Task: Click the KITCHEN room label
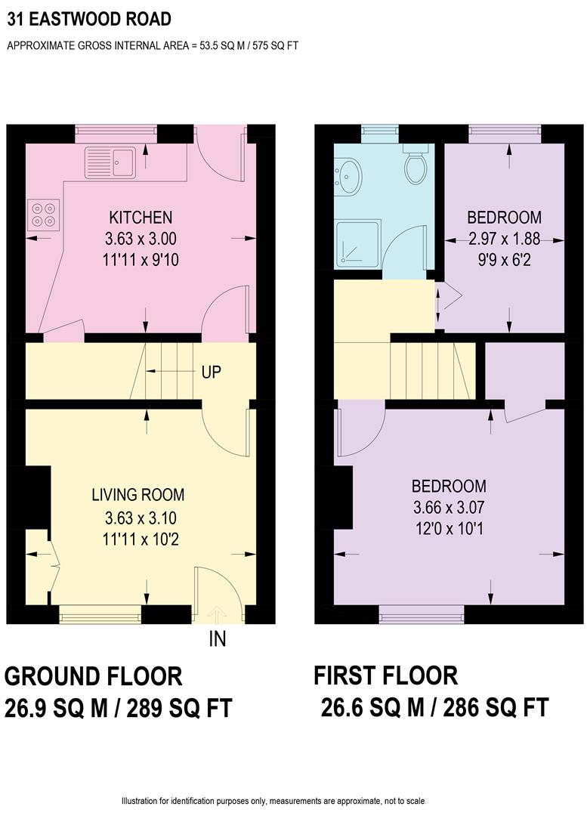[x=140, y=218]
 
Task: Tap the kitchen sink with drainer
[x=110, y=161]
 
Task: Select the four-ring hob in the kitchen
[x=43, y=214]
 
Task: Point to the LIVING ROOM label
[x=138, y=496]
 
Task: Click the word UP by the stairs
[x=211, y=372]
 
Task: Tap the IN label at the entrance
[x=218, y=639]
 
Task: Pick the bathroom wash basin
[x=349, y=176]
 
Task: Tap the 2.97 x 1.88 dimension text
[x=504, y=240]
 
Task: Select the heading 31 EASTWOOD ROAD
[x=89, y=19]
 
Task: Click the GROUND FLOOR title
[x=94, y=675]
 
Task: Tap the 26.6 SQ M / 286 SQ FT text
[x=434, y=709]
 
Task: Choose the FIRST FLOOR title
[x=386, y=675]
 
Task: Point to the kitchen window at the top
[x=116, y=134]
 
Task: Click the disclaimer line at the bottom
[x=273, y=801]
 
